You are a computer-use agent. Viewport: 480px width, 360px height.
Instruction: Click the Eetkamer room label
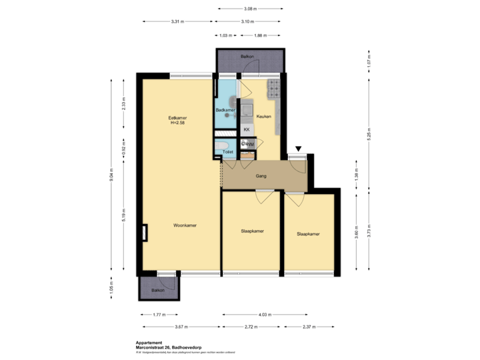click(177, 117)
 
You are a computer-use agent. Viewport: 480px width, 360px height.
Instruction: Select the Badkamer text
click(225, 109)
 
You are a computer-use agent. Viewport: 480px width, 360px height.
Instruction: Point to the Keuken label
click(263, 116)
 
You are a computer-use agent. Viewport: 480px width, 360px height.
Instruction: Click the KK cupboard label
click(247, 129)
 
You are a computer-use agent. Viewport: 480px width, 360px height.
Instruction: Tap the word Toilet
click(227, 153)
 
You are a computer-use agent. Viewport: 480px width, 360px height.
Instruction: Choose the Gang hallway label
click(261, 177)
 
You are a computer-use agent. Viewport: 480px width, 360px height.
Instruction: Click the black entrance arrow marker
click(297, 149)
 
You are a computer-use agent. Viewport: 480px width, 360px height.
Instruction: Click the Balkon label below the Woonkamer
click(157, 291)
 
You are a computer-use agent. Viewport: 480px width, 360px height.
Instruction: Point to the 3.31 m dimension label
click(177, 21)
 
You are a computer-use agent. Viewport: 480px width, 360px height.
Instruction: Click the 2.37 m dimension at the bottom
click(308, 327)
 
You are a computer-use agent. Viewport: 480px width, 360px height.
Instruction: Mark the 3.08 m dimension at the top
click(249, 9)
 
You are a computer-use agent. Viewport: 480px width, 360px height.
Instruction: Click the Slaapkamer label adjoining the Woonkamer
click(252, 231)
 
